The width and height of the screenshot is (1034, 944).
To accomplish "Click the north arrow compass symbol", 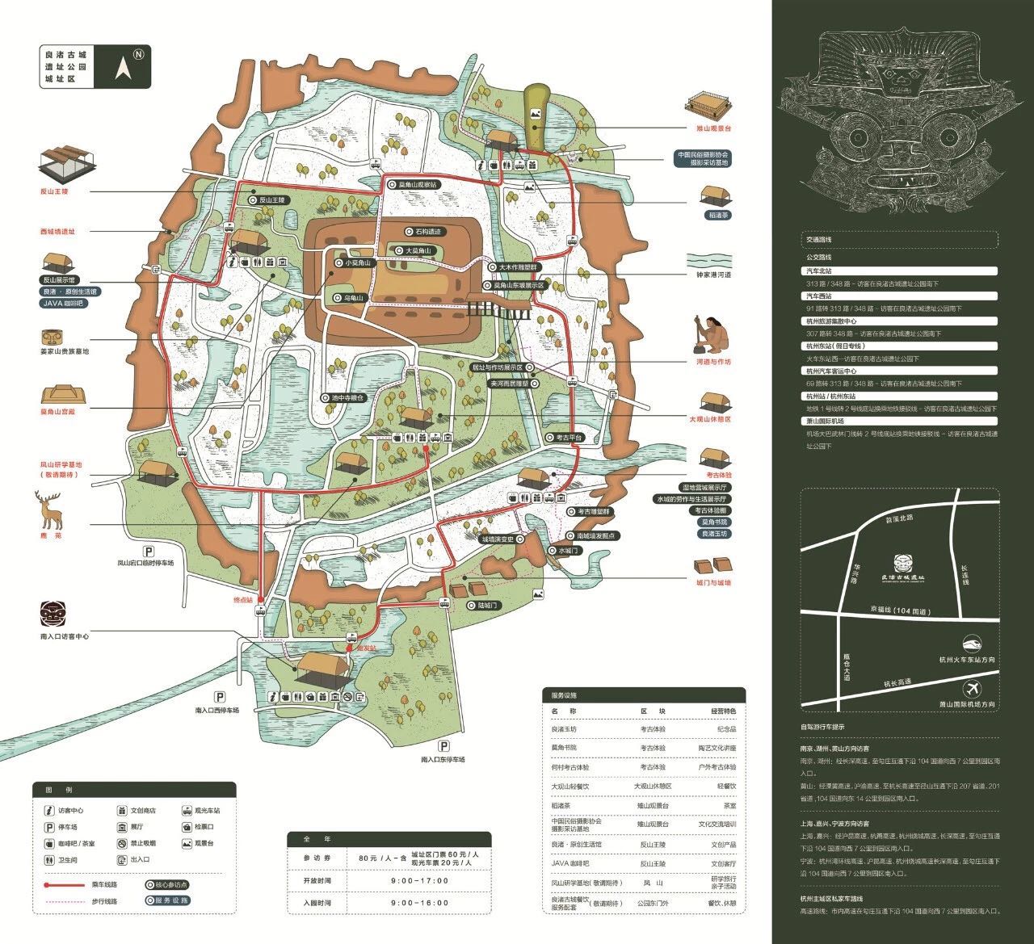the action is coord(124,67).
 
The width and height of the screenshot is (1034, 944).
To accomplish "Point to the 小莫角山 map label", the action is coord(355,262).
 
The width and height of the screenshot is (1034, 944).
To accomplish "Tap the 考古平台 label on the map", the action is coord(568,437).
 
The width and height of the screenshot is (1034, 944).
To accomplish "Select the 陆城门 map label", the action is coord(489,605).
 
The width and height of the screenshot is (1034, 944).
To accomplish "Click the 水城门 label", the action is coord(568,550).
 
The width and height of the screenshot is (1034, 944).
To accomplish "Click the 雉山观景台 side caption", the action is coord(714,128).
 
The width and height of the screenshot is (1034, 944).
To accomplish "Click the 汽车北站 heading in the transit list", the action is coord(818,271).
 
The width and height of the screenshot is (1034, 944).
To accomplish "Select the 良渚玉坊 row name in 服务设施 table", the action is coord(565,728).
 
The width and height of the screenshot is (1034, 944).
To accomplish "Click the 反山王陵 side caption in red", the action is coord(55,191).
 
